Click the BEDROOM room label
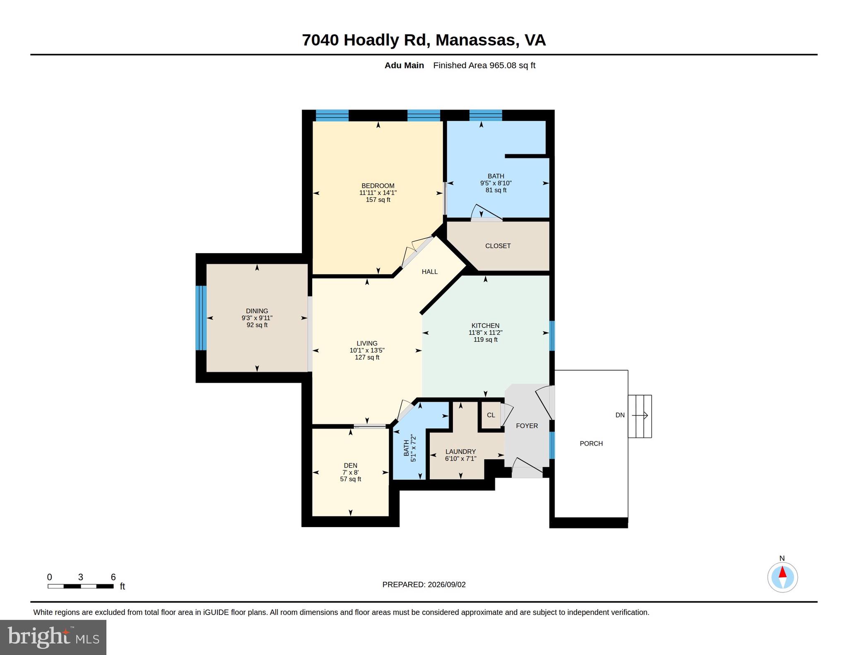point(378,186)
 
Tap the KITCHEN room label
point(485,326)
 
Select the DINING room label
point(257,311)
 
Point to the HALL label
point(429,272)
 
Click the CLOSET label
point(498,246)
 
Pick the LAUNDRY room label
point(460,452)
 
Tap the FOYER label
point(527,426)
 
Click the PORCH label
point(591,444)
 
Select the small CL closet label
point(491,415)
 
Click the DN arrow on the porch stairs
point(640,415)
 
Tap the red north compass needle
point(782,572)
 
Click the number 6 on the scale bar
point(113,577)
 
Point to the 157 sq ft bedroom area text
point(378,200)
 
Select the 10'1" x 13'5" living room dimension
point(367,350)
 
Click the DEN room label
point(350,465)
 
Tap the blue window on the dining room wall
point(201,318)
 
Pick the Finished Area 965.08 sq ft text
point(484,65)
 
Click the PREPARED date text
point(424,585)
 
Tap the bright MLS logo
point(53,637)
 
